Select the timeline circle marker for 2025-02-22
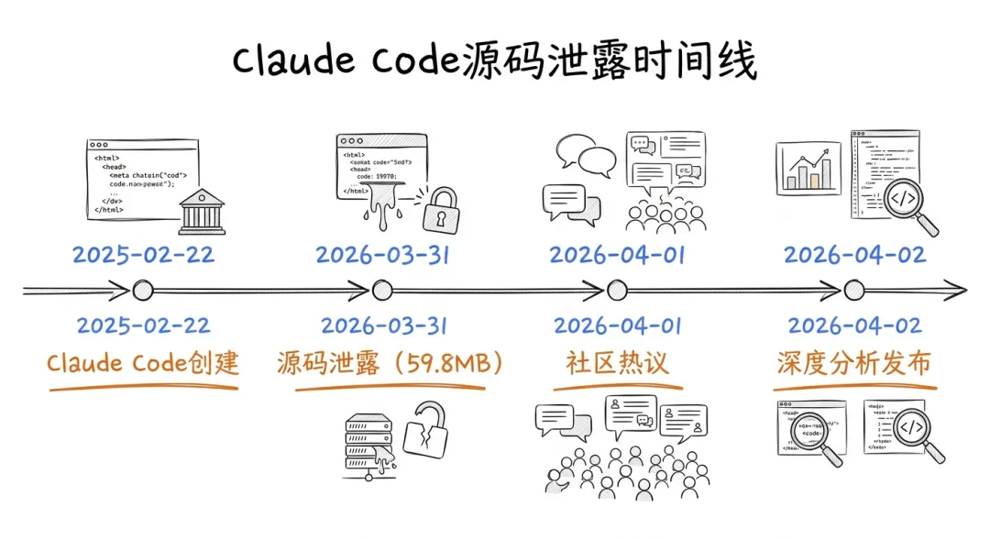coord(142,292)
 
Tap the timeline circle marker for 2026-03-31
coord(382,292)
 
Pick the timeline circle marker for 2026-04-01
coord(617,292)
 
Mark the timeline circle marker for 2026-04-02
coord(854,292)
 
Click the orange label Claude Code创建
coord(143,363)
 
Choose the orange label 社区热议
coord(617,363)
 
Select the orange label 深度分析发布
coord(854,363)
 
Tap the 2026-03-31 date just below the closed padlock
coord(382,254)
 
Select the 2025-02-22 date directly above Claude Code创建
coord(143,325)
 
